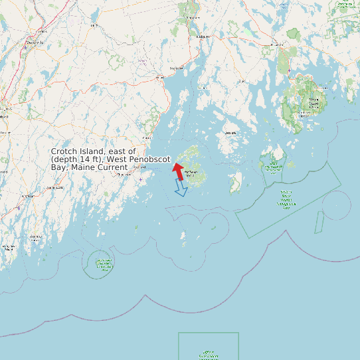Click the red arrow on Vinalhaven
pos(178,171)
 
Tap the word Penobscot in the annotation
pos(149,160)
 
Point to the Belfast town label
pos(176,68)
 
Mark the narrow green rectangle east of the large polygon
pos(319,222)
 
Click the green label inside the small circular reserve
pos(104,264)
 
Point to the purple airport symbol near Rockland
pos(141,179)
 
